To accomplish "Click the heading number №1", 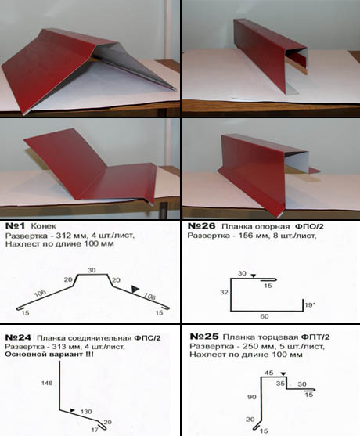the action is (x=15, y=225).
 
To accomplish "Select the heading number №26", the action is (x=202, y=225).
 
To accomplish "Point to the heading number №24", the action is (x=18, y=337).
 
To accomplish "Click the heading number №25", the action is (x=204, y=337).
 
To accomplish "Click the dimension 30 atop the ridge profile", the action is (x=92, y=270).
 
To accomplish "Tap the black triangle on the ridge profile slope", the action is (x=135, y=289).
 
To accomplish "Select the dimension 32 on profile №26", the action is (x=224, y=292).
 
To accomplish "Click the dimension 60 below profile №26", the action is (x=265, y=316).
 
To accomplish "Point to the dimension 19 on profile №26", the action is (x=308, y=305).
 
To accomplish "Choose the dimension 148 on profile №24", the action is (x=47, y=384).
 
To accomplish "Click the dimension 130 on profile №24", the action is (x=86, y=412).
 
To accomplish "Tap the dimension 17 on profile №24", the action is (x=95, y=430).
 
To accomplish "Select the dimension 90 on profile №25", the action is (x=251, y=397).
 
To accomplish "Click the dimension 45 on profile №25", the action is (x=268, y=373).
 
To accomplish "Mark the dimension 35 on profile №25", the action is (x=280, y=384).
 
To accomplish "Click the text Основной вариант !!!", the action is (x=49, y=355).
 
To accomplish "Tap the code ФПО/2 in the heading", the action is (x=309, y=226).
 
